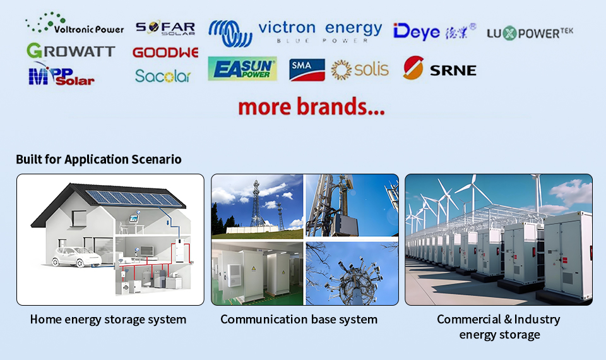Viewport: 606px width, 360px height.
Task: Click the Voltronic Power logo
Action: coord(74,23)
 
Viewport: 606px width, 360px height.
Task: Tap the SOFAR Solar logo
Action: coord(165,28)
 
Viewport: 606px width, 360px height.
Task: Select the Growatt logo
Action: coord(71,51)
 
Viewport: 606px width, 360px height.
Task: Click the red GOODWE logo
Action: coord(165,52)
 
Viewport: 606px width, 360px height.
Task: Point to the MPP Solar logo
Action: coord(61,75)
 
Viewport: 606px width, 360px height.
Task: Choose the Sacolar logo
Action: coord(163,76)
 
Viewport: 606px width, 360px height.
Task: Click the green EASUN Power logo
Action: coord(242,69)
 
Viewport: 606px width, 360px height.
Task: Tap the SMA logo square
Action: coord(307,70)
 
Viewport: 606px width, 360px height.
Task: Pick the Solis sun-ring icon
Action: coord(342,70)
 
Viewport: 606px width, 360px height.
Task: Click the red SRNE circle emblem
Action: coord(413,68)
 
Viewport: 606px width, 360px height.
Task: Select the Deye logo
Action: coord(434,32)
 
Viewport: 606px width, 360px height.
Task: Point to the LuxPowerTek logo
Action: coord(530,33)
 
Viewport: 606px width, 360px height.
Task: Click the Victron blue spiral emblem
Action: coord(230,33)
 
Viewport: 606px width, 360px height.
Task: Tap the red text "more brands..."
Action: coord(311,106)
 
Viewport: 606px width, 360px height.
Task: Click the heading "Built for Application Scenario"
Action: coord(98,159)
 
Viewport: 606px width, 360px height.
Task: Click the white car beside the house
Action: coord(76,257)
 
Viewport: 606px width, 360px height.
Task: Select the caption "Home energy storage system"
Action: coord(108,320)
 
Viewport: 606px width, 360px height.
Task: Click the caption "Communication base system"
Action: coord(299,320)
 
